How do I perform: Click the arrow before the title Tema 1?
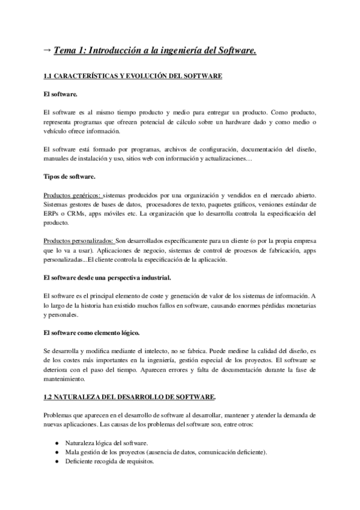point(47,52)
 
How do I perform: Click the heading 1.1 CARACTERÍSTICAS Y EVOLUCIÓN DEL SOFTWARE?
point(133,76)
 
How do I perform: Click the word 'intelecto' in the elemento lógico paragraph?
point(150,350)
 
